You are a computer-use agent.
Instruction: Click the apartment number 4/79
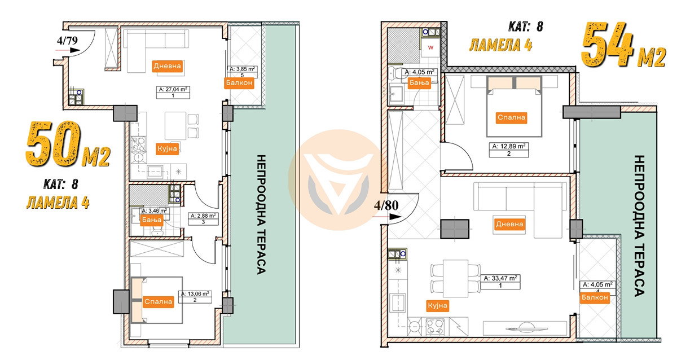(x=67, y=41)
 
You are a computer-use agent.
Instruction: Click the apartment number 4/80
(x=386, y=205)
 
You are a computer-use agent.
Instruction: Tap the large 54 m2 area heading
(x=623, y=45)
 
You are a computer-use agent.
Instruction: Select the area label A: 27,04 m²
(x=173, y=90)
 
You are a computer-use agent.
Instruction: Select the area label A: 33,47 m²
(x=500, y=278)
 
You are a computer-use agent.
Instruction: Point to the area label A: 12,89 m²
(x=509, y=146)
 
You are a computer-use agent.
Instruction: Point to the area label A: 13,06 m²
(x=195, y=294)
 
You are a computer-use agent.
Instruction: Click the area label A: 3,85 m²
(x=242, y=69)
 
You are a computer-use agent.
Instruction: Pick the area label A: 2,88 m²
(x=203, y=216)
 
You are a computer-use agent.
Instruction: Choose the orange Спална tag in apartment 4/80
(x=511, y=117)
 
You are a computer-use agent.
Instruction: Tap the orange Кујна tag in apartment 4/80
(x=437, y=306)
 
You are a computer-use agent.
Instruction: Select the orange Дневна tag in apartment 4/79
(x=167, y=66)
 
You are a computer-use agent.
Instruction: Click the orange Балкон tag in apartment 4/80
(x=595, y=297)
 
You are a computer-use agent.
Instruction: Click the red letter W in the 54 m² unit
(x=430, y=47)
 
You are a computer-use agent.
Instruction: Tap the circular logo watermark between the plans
(x=338, y=180)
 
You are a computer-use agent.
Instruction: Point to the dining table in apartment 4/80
(x=456, y=278)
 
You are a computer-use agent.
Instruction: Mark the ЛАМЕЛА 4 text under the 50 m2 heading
(x=58, y=202)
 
